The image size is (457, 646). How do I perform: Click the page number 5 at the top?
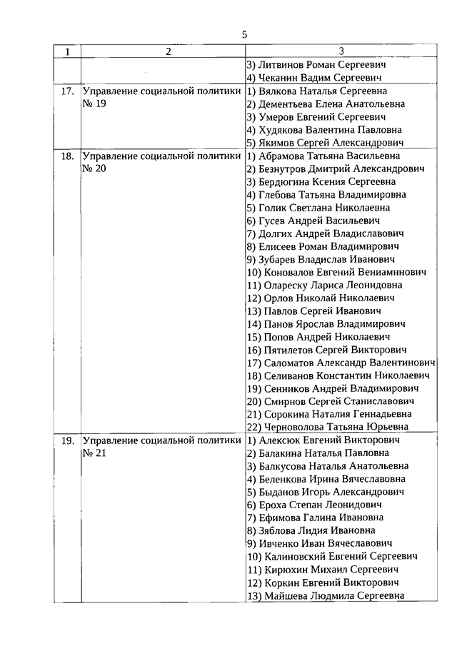pos(244,34)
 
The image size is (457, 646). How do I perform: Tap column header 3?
pos(341,51)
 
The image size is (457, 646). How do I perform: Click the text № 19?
pos(94,104)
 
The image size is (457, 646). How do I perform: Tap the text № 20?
pos(94,168)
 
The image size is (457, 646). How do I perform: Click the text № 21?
pos(94,453)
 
